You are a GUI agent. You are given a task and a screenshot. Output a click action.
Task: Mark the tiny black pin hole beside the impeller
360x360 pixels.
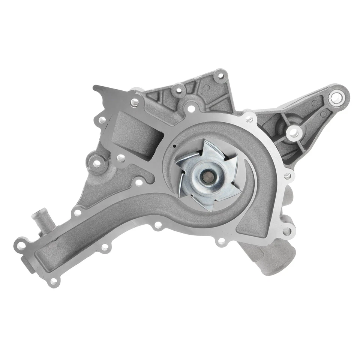click(x=175, y=145)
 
